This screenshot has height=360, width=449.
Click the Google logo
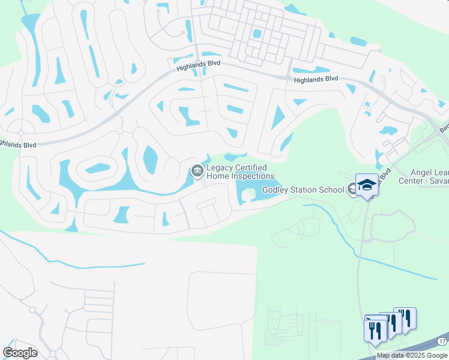pos(20,353)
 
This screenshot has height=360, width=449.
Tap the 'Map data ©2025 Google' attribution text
pos(412,355)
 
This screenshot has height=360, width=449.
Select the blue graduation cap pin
pos(366,185)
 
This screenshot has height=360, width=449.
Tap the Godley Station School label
pos(303,190)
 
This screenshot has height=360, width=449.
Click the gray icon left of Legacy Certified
pos(196,172)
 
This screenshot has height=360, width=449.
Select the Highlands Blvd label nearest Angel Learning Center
pos(316,79)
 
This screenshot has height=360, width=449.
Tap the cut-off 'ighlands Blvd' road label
pos(18,145)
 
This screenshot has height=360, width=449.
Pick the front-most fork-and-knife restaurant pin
pos(375,331)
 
